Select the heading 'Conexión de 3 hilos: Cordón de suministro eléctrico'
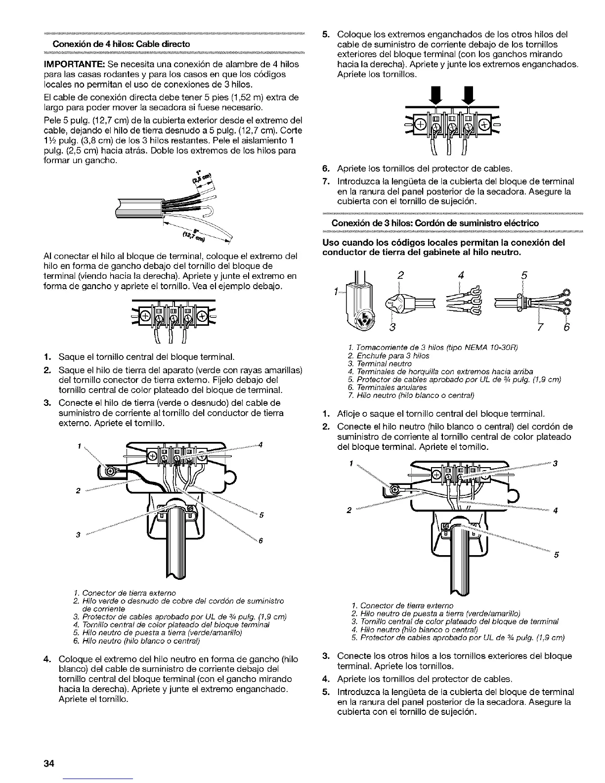pyautogui.click(x=435, y=223)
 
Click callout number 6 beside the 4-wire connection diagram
pyautogui.click(x=260, y=540)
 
